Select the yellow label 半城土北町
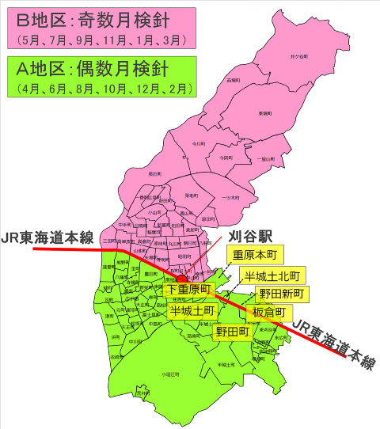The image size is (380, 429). pyautogui.click(x=272, y=275)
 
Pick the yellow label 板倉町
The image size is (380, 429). pyautogui.click(x=270, y=313)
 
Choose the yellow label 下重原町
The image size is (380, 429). pyautogui.click(x=188, y=291)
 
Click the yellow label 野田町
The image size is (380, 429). pyautogui.click(x=232, y=332)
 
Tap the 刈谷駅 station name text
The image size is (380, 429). pyautogui.click(x=249, y=236)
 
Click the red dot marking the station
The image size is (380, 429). pyautogui.click(x=181, y=278)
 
